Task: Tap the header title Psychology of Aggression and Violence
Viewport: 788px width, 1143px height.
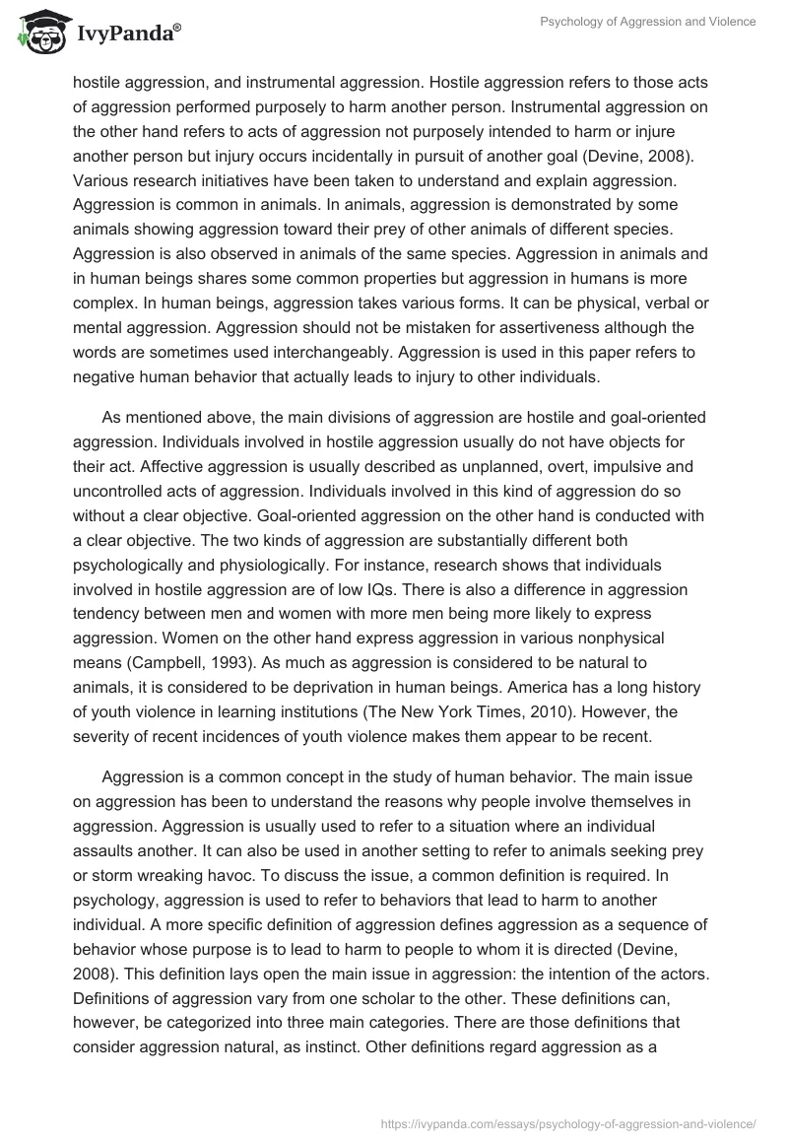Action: [x=648, y=22]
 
